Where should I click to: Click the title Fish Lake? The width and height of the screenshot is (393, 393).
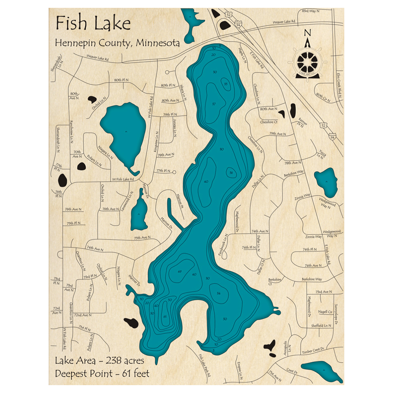coord(93,24)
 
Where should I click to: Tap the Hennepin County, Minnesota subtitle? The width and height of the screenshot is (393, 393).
coord(118,43)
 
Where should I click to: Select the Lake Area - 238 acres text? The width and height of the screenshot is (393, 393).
coord(99,361)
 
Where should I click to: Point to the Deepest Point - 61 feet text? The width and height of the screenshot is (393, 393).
coord(102,373)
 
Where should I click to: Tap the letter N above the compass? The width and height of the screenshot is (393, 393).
coord(308,33)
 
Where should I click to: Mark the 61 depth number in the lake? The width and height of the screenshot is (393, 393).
coord(165,317)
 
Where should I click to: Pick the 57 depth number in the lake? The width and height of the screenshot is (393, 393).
coord(213,104)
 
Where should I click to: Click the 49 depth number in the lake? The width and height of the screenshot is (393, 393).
coord(180,272)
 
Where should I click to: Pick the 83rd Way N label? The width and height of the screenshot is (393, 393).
coord(311,11)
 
